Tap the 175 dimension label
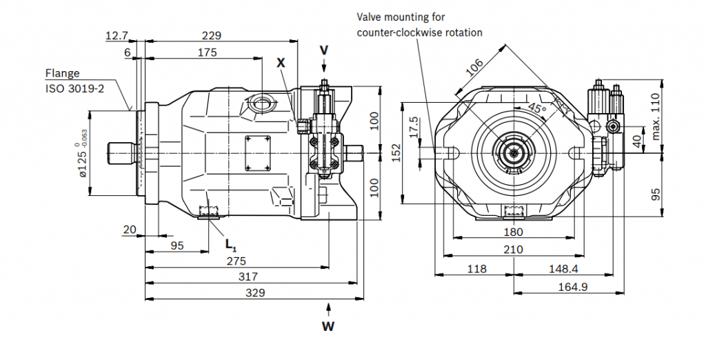[207, 52]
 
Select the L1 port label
[230, 243]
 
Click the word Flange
[63, 73]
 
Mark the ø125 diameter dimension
[84, 153]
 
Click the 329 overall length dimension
[255, 292]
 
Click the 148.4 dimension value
[564, 268]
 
